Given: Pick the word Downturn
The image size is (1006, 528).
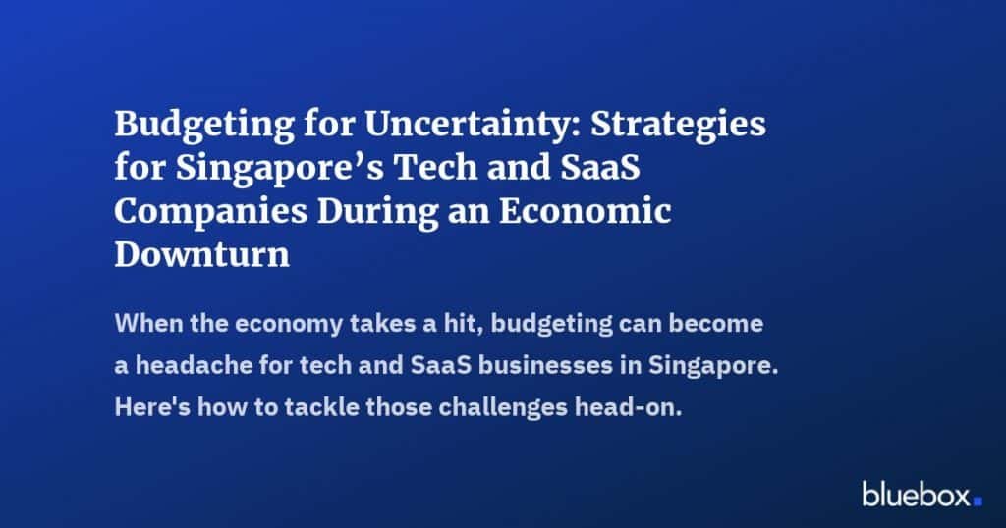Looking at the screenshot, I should pyautogui.click(x=202, y=255).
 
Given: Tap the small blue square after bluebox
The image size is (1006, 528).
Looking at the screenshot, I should pyautogui.click(x=978, y=501).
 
